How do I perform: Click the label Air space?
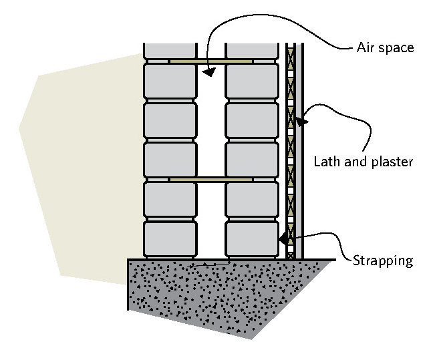(386, 48)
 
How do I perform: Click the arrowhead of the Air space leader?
(208, 71)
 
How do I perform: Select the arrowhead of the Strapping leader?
(283, 237)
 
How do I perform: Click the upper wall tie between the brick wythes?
(210, 61)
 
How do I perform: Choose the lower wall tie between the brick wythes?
(210, 180)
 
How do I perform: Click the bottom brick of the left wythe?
(170, 238)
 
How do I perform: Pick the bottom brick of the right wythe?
(252, 238)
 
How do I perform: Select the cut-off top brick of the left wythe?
(170, 50)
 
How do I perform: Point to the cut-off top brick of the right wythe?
(252, 50)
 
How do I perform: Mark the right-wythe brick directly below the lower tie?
(252, 199)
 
